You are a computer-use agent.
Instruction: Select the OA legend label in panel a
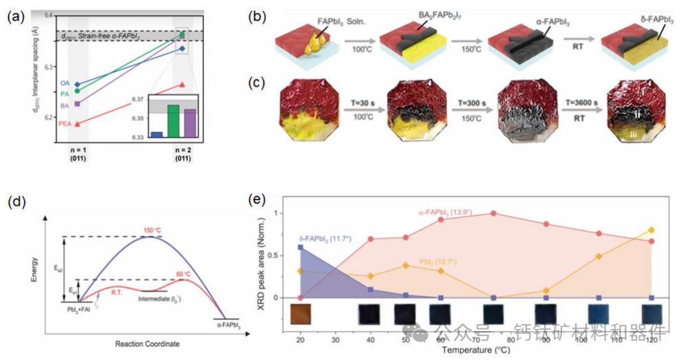click(65, 83)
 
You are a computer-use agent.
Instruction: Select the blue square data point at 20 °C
click(300, 246)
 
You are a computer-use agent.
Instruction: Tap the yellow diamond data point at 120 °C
click(651, 230)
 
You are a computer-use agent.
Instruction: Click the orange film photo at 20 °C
click(300, 314)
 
